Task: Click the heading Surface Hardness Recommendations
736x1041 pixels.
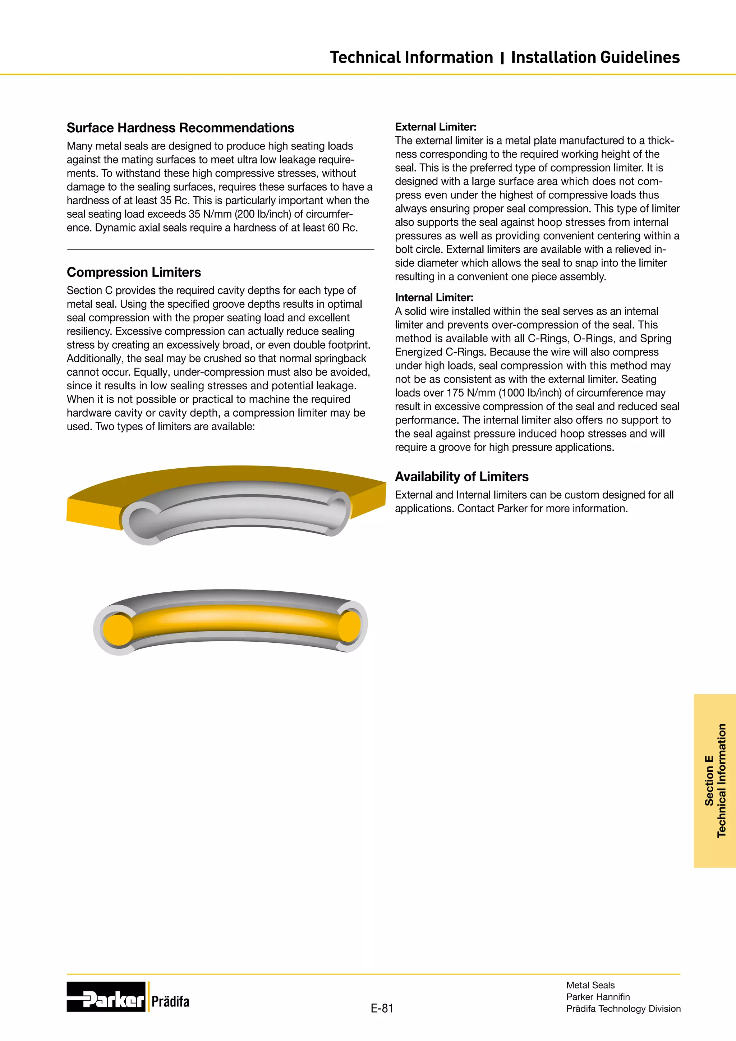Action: pyautogui.click(x=180, y=128)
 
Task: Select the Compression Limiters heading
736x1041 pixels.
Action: pyautogui.click(x=134, y=272)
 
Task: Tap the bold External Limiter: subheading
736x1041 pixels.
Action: pyautogui.click(x=436, y=127)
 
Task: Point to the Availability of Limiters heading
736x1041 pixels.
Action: pyautogui.click(x=461, y=477)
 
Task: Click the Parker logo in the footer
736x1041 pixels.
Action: pyautogui.click(x=106, y=996)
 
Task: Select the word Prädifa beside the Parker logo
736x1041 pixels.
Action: pyautogui.click(x=170, y=1001)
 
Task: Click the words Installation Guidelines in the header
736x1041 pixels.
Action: pyautogui.click(x=595, y=58)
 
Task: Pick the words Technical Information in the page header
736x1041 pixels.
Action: pyautogui.click(x=411, y=58)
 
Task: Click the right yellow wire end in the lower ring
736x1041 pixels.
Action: pyautogui.click(x=349, y=626)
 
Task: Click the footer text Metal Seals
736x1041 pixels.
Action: pyautogui.click(x=590, y=985)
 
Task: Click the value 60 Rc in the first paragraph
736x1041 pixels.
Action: pyautogui.click(x=342, y=228)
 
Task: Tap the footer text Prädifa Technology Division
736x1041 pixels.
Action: pyautogui.click(x=623, y=1008)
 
